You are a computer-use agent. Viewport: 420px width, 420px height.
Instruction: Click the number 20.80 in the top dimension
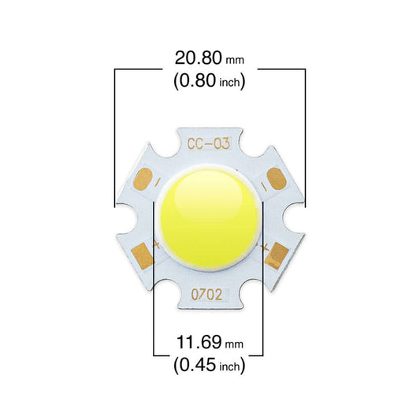click(x=199, y=58)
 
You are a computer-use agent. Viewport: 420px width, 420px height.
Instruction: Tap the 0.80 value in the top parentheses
click(x=198, y=80)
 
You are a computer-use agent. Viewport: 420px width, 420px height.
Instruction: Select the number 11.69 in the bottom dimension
click(x=199, y=342)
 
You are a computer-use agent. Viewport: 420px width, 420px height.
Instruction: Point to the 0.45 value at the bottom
click(x=198, y=365)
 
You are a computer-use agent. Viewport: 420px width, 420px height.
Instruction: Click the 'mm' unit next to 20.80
click(x=235, y=60)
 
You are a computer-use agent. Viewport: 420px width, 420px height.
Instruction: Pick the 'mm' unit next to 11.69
click(x=234, y=344)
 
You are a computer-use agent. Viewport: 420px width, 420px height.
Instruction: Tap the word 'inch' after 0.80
click(x=229, y=82)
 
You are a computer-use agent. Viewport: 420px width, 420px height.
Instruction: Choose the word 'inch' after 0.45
click(x=229, y=366)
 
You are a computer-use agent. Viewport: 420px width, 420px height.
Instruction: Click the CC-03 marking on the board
click(x=208, y=144)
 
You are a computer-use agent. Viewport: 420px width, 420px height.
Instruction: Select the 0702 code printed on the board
click(x=206, y=295)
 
